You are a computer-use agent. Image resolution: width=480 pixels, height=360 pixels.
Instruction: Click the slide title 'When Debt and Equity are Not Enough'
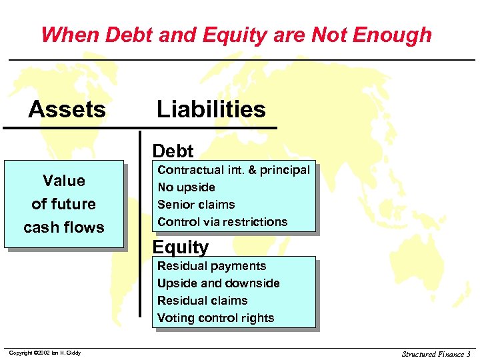click(x=236, y=35)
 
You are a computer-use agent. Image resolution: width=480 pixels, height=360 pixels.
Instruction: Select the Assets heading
click(x=67, y=109)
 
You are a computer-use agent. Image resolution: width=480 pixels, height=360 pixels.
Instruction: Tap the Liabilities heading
click(x=211, y=109)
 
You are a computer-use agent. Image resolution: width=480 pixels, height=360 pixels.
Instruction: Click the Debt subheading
click(x=173, y=151)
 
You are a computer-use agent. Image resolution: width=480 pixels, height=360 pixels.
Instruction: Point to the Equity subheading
click(x=180, y=247)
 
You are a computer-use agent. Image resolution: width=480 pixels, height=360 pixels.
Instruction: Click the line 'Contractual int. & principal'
click(x=233, y=170)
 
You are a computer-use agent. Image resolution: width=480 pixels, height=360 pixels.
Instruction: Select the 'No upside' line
click(x=186, y=187)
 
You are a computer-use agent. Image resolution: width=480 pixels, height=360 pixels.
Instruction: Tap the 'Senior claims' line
click(x=196, y=205)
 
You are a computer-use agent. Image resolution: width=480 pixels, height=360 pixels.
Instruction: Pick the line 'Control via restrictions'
click(x=222, y=222)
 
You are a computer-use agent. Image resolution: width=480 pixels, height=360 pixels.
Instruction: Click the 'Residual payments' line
click(x=211, y=266)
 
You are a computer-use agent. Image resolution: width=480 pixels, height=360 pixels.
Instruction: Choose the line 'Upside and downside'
click(x=218, y=283)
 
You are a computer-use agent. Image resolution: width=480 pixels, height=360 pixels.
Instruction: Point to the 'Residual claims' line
click(x=202, y=301)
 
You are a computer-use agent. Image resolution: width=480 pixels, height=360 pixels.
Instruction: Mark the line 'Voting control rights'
click(x=215, y=318)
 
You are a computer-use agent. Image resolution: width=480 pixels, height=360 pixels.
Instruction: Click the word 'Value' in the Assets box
click(x=64, y=181)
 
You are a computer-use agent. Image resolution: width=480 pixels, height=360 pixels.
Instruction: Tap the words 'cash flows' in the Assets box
click(x=64, y=227)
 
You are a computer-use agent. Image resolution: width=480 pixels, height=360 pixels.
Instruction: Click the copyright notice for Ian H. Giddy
click(x=45, y=353)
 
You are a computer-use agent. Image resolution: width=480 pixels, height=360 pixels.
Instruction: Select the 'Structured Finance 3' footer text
click(x=436, y=354)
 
